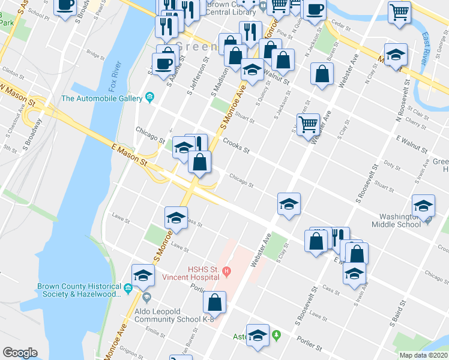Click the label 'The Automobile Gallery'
pos(100,98)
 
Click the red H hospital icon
pos(226,272)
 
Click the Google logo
pos(20,353)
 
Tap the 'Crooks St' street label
pos(236,146)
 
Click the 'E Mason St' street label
pos(129,154)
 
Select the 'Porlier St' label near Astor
pos(310,343)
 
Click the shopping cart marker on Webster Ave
pos(308,124)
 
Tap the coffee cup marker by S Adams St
pos(163,63)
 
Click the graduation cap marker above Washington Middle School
pos(423,205)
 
